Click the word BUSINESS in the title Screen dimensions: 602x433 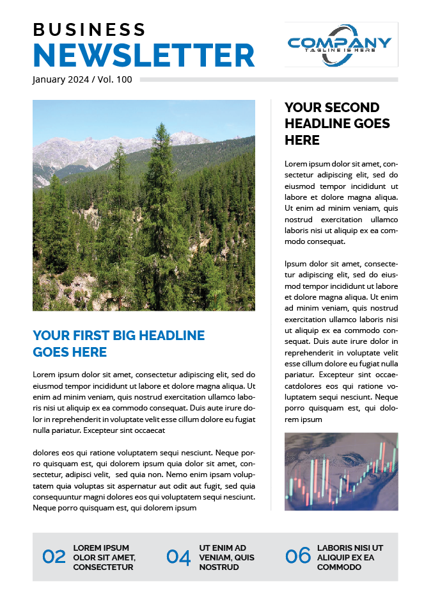[89, 29]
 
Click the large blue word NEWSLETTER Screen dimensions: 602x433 [143, 55]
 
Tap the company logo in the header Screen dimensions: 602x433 [341, 44]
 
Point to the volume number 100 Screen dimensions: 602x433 [124, 79]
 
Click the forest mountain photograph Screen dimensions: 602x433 [144, 205]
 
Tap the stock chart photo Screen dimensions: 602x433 [341, 471]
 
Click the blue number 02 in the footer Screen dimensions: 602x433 [54, 557]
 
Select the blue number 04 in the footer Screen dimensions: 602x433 [178, 557]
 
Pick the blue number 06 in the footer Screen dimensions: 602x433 [298, 556]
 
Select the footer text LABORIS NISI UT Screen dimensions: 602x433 [350, 548]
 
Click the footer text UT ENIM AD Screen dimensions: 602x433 [223, 548]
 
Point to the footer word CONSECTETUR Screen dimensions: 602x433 [103, 567]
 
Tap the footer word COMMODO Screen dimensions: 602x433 [339, 567]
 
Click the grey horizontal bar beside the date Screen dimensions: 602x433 [269, 79]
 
